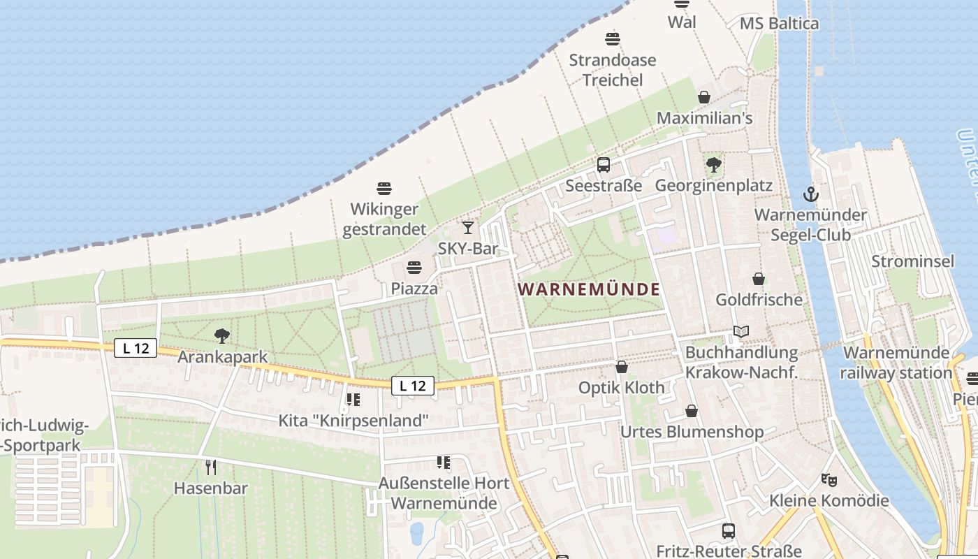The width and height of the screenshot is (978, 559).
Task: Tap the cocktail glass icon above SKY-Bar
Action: tap(467, 228)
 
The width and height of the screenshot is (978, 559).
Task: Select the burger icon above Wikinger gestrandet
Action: tap(384, 188)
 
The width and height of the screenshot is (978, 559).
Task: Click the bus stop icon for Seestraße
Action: tap(604, 165)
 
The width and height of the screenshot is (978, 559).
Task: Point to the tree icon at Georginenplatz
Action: tap(713, 165)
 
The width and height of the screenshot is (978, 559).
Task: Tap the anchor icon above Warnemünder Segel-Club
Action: tap(810, 194)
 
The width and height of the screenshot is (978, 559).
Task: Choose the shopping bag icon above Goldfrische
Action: tap(759, 279)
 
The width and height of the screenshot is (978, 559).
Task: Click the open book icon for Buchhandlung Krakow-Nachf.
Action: tap(741, 332)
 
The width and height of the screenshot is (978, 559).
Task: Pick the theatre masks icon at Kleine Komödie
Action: tap(829, 479)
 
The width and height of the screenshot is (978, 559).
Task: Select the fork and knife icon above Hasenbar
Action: tap(210, 467)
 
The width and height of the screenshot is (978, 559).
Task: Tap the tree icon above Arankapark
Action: tap(222, 336)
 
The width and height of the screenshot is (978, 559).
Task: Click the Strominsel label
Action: tap(912, 261)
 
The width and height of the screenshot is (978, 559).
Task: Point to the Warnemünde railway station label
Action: tap(896, 363)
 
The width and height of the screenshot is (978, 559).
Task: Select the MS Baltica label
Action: tap(779, 23)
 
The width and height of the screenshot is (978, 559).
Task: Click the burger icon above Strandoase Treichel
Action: tap(613, 39)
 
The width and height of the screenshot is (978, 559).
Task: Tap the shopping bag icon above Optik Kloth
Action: tap(622, 367)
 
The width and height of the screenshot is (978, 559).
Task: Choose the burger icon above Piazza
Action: tap(414, 268)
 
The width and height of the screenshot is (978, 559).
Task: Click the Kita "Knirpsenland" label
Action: tap(353, 421)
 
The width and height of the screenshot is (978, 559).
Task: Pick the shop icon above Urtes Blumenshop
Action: tap(692, 411)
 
